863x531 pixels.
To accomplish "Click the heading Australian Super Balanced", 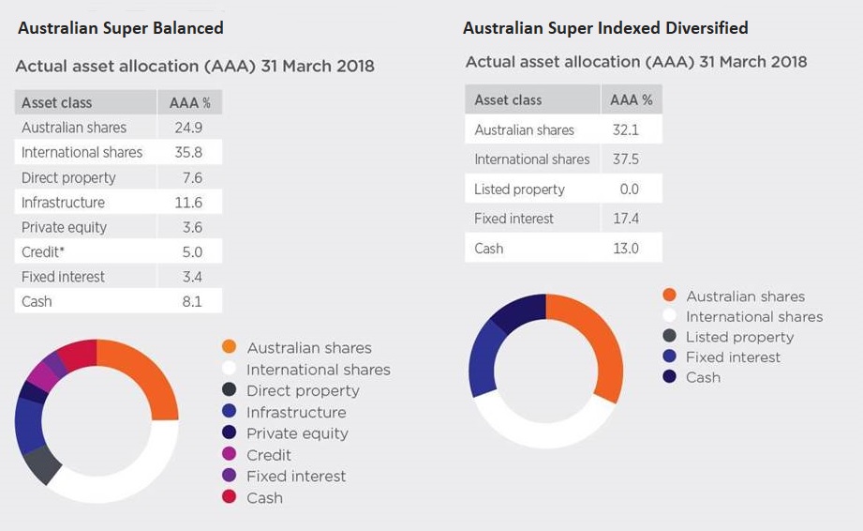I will [x=120, y=27].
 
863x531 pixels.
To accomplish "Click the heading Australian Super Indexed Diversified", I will [x=605, y=27].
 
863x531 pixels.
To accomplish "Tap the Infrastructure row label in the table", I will [x=63, y=202].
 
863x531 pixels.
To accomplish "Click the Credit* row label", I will [x=44, y=251].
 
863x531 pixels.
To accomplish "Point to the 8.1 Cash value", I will [x=189, y=301].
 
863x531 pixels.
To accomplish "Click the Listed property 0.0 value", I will [x=628, y=189].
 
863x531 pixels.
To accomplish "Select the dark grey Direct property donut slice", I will [x=42, y=463].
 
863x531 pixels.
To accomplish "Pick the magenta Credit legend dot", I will [x=229, y=455].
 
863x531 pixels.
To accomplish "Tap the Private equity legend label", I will [x=297, y=433].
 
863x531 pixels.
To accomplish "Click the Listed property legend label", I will [x=739, y=337].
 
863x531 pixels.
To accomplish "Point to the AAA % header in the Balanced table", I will [x=189, y=103].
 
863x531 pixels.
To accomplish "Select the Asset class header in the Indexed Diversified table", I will [x=508, y=99].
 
